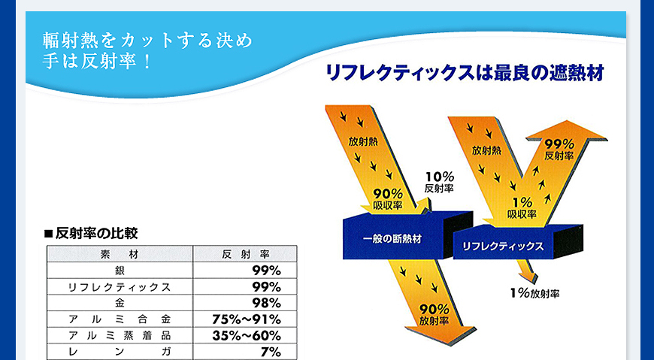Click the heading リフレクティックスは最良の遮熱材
(465, 73)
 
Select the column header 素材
(120, 254)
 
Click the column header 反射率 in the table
(246, 254)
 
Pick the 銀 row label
(120, 271)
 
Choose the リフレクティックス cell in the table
(120, 287)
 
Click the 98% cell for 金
(266, 303)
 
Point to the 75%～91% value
(246, 319)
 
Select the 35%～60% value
(246, 336)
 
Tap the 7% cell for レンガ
(271, 352)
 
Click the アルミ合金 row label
(120, 319)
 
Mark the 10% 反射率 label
(439, 183)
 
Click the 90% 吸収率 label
(388, 199)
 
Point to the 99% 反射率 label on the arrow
(559, 150)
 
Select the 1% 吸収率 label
(522, 208)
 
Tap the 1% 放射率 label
(534, 293)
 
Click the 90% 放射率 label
(434, 315)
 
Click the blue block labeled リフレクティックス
(511, 244)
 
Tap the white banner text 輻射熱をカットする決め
(147, 41)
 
